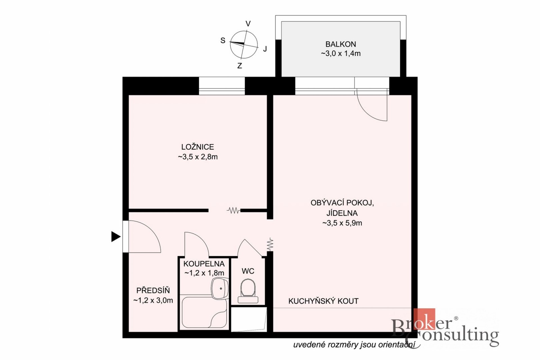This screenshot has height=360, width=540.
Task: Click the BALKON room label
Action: (x=341, y=44)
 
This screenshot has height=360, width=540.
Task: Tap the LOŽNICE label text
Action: (x=197, y=147)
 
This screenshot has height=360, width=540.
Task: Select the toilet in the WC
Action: (x=248, y=291)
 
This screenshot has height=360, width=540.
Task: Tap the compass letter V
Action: (x=248, y=24)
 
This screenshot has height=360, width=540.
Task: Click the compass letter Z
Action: (x=240, y=66)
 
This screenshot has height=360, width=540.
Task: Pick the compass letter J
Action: (x=265, y=49)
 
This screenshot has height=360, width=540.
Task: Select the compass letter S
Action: (x=223, y=40)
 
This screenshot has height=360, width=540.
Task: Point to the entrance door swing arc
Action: (x=150, y=230)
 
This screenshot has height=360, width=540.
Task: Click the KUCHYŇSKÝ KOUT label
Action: (x=323, y=301)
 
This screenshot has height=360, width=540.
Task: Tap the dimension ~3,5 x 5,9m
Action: (x=342, y=223)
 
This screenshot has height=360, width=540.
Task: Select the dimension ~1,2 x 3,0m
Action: (x=153, y=300)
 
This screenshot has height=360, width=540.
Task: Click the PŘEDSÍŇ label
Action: (x=153, y=290)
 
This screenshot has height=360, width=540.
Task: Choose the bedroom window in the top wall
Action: (x=222, y=86)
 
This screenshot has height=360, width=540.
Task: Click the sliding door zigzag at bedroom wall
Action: (x=233, y=210)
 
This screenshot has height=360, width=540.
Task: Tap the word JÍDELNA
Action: (x=342, y=213)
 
